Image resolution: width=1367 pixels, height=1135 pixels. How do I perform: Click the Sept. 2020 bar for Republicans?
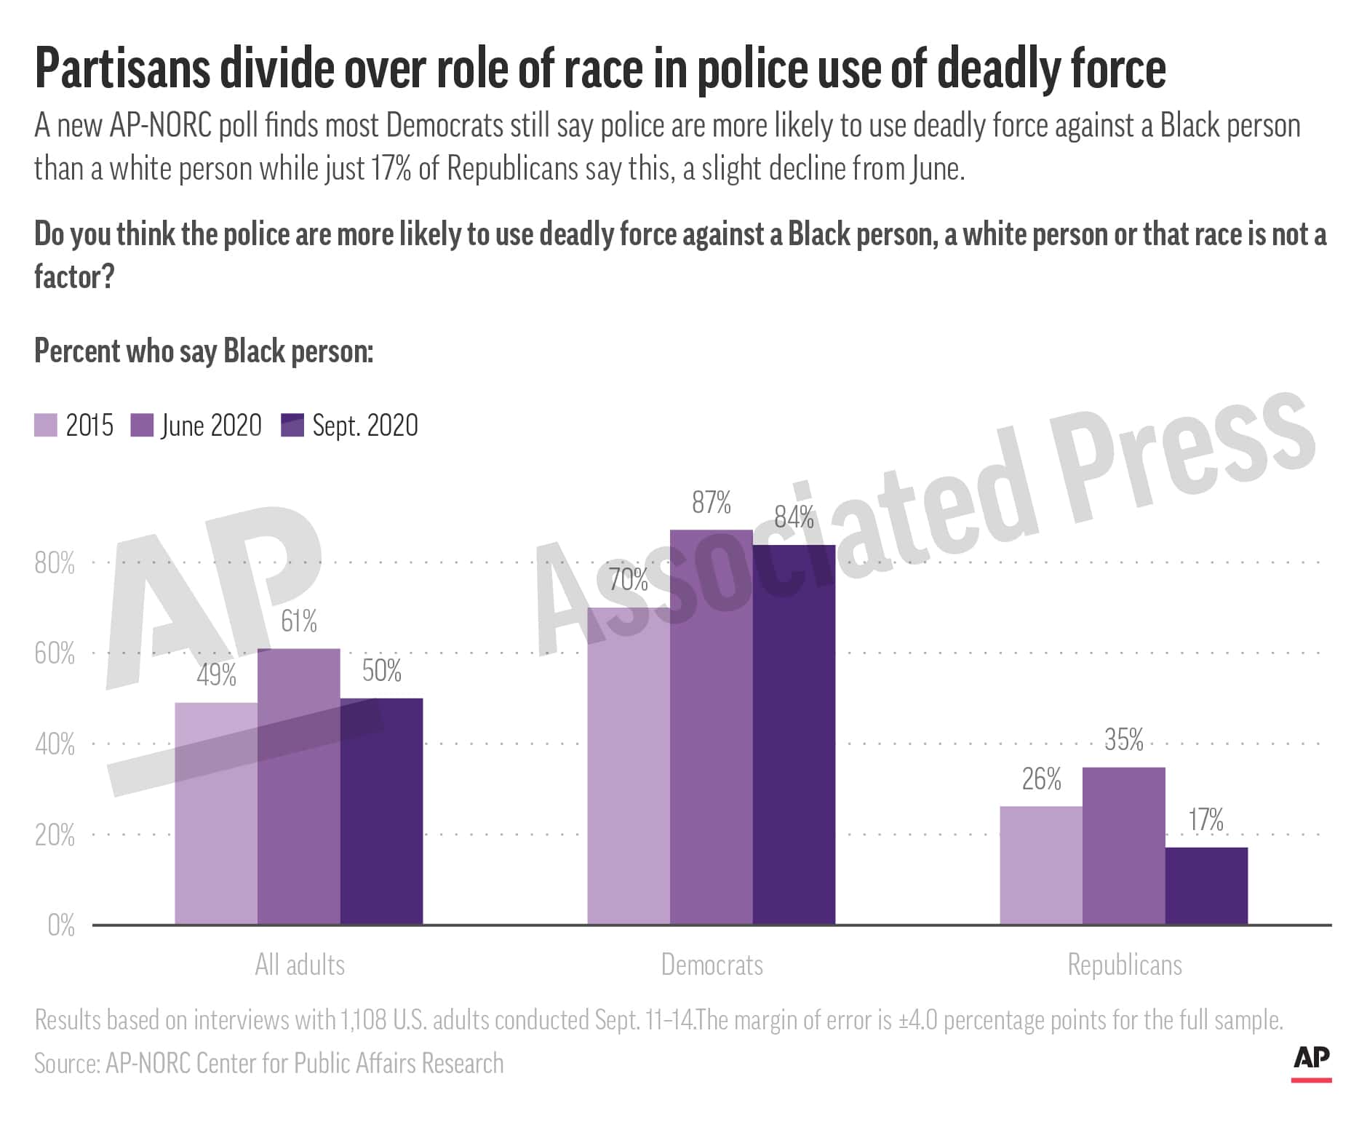point(1206,885)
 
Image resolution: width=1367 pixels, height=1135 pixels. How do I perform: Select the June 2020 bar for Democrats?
point(712,727)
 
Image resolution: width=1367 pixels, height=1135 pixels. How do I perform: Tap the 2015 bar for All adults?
point(216,813)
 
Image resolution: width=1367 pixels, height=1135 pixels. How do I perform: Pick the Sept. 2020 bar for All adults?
point(381,811)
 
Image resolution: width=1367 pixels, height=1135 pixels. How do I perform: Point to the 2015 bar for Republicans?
point(1041,865)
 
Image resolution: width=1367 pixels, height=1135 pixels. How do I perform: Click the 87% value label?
point(712,503)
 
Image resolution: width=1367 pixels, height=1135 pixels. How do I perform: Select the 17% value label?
point(1206,820)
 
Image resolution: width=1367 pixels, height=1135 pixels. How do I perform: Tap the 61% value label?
point(299,621)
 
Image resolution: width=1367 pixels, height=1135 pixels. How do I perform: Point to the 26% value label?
point(1041,779)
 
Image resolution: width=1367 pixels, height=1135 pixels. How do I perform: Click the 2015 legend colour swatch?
point(46,426)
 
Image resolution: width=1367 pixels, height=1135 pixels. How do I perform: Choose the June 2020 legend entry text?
point(211,426)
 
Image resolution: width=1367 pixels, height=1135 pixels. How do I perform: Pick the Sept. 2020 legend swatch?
point(292,426)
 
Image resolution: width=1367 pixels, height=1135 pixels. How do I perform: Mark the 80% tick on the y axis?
point(55,563)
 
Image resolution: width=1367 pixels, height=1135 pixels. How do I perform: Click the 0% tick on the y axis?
point(61,925)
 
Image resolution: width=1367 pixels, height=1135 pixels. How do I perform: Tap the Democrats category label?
point(712,965)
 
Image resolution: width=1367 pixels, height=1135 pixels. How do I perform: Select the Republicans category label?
point(1125,965)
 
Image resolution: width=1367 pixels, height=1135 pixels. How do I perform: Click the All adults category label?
point(300,965)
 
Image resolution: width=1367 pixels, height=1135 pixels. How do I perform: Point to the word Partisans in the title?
point(122,69)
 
